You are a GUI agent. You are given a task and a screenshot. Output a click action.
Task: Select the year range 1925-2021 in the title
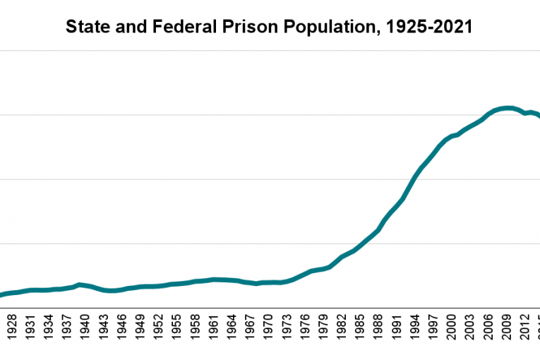click(x=435, y=28)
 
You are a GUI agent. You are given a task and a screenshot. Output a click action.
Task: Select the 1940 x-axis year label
click(x=85, y=329)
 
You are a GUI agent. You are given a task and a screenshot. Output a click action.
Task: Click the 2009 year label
click(x=507, y=329)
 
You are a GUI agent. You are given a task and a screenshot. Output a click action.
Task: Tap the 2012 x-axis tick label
click(x=525, y=329)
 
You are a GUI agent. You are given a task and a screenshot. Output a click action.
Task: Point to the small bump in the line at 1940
click(x=80, y=284)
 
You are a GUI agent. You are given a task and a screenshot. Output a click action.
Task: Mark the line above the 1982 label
click(x=342, y=257)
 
